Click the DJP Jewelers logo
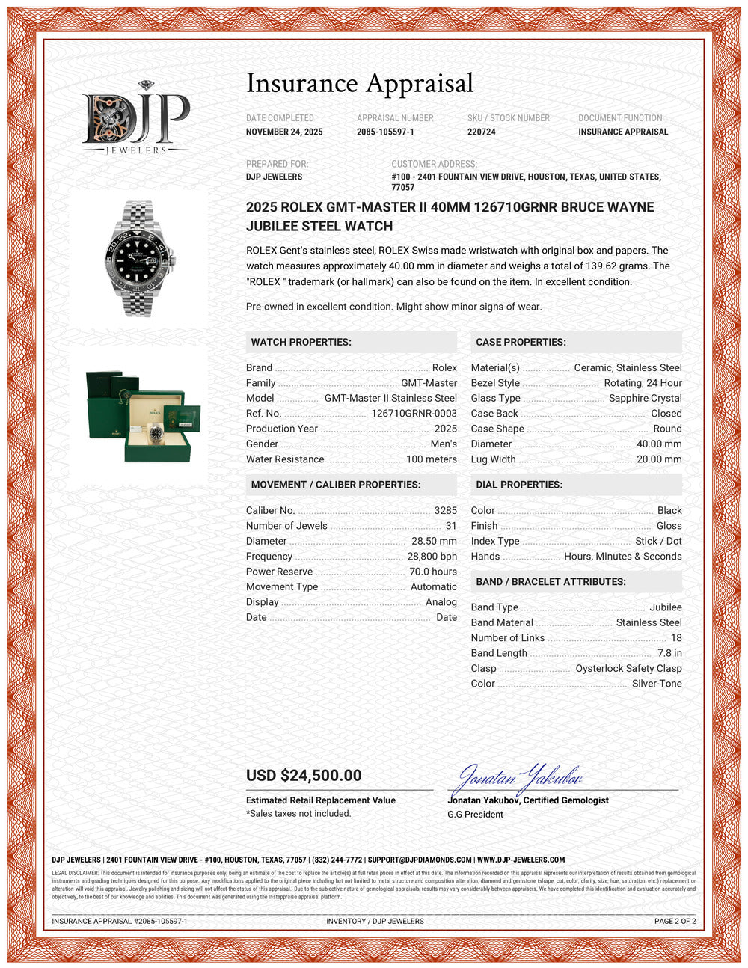click(136, 118)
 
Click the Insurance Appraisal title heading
click(360, 83)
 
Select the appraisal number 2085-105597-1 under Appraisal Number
click(385, 132)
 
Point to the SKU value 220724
click(481, 132)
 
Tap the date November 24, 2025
click(284, 132)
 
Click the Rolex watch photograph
click(138, 258)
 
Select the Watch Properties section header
click(301, 343)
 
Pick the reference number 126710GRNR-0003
click(414, 414)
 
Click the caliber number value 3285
click(445, 511)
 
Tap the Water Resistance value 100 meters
click(431, 459)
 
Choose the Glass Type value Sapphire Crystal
click(645, 399)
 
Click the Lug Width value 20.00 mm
click(659, 459)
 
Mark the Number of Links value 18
click(676, 638)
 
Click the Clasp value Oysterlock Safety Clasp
click(628, 669)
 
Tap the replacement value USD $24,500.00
click(304, 776)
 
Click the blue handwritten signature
click(516, 779)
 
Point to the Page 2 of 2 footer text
click(675, 922)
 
